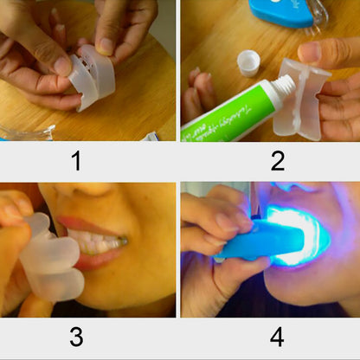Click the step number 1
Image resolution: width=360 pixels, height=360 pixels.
pos(76,161)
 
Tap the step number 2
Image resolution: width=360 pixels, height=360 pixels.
pos(277,161)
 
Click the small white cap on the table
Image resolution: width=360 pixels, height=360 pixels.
pos(248,61)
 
